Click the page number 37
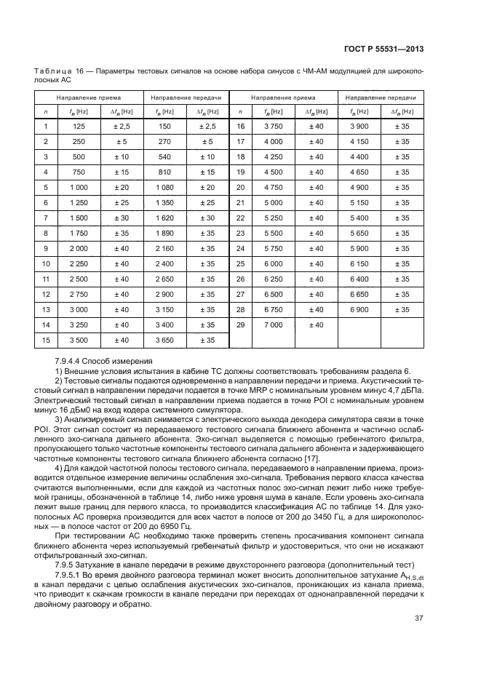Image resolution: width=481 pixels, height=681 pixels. pyautogui.click(x=419, y=620)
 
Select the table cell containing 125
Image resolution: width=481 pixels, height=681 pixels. pyautogui.click(x=78, y=126)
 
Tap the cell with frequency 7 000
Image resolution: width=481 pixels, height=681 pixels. pyautogui.click(x=273, y=324)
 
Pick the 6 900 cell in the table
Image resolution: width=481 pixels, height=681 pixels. pyautogui.click(x=359, y=309)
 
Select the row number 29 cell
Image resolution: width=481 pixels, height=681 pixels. pyautogui.click(x=239, y=324)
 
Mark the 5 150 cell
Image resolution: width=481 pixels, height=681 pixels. pyautogui.click(x=359, y=202)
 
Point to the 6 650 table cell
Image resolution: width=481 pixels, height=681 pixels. pyautogui.click(x=359, y=294)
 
